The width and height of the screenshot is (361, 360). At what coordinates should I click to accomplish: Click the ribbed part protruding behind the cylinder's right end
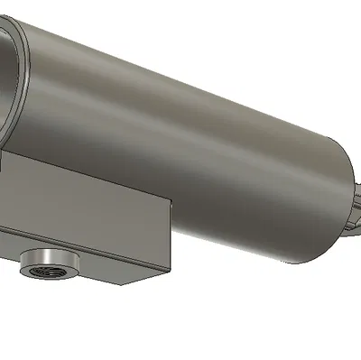point(354,212)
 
